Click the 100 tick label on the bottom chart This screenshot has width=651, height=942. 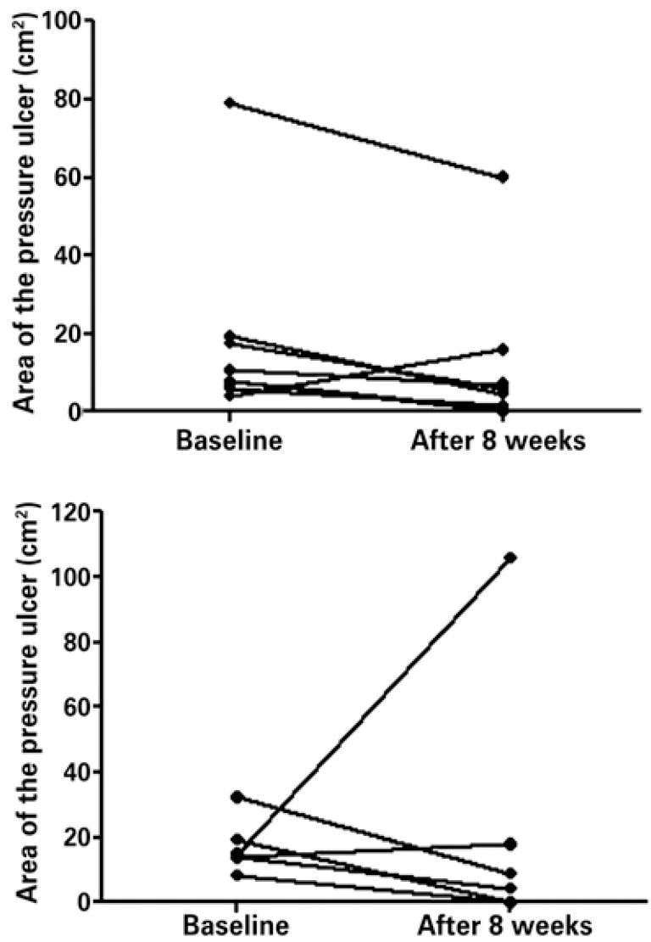click(x=74, y=577)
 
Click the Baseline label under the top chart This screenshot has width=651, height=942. click(x=229, y=442)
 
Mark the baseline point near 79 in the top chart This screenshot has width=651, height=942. click(x=229, y=104)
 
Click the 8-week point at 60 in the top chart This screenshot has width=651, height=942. click(x=504, y=177)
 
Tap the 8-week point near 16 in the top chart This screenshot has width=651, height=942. click(x=504, y=349)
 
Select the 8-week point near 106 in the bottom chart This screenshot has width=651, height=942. click(x=509, y=558)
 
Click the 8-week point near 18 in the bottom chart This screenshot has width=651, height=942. click(x=509, y=844)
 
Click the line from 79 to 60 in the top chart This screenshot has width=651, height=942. click(x=366, y=140)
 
